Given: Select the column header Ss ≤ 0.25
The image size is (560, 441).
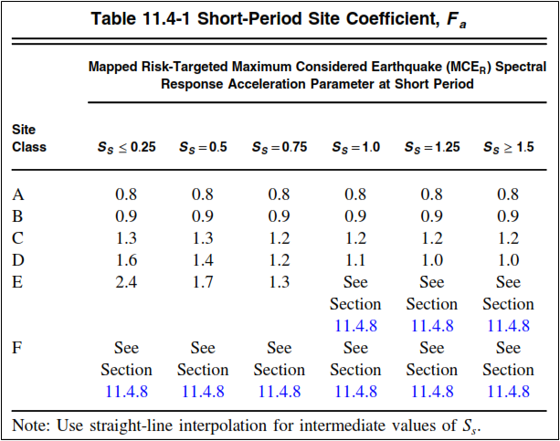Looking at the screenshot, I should pyautogui.click(x=127, y=146).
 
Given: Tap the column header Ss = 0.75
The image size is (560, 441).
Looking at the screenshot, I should pyautogui.click(x=280, y=146).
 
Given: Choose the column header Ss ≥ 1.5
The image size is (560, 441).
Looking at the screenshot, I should pyautogui.click(x=508, y=146).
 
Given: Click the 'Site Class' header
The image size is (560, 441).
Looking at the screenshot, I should pyautogui.click(x=29, y=138).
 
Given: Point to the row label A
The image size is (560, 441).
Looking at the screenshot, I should pyautogui.click(x=18, y=194).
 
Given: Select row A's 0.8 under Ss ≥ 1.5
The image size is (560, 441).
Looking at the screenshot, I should pyautogui.click(x=508, y=194).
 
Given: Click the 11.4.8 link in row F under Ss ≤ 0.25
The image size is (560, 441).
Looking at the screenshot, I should pyautogui.click(x=126, y=391).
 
